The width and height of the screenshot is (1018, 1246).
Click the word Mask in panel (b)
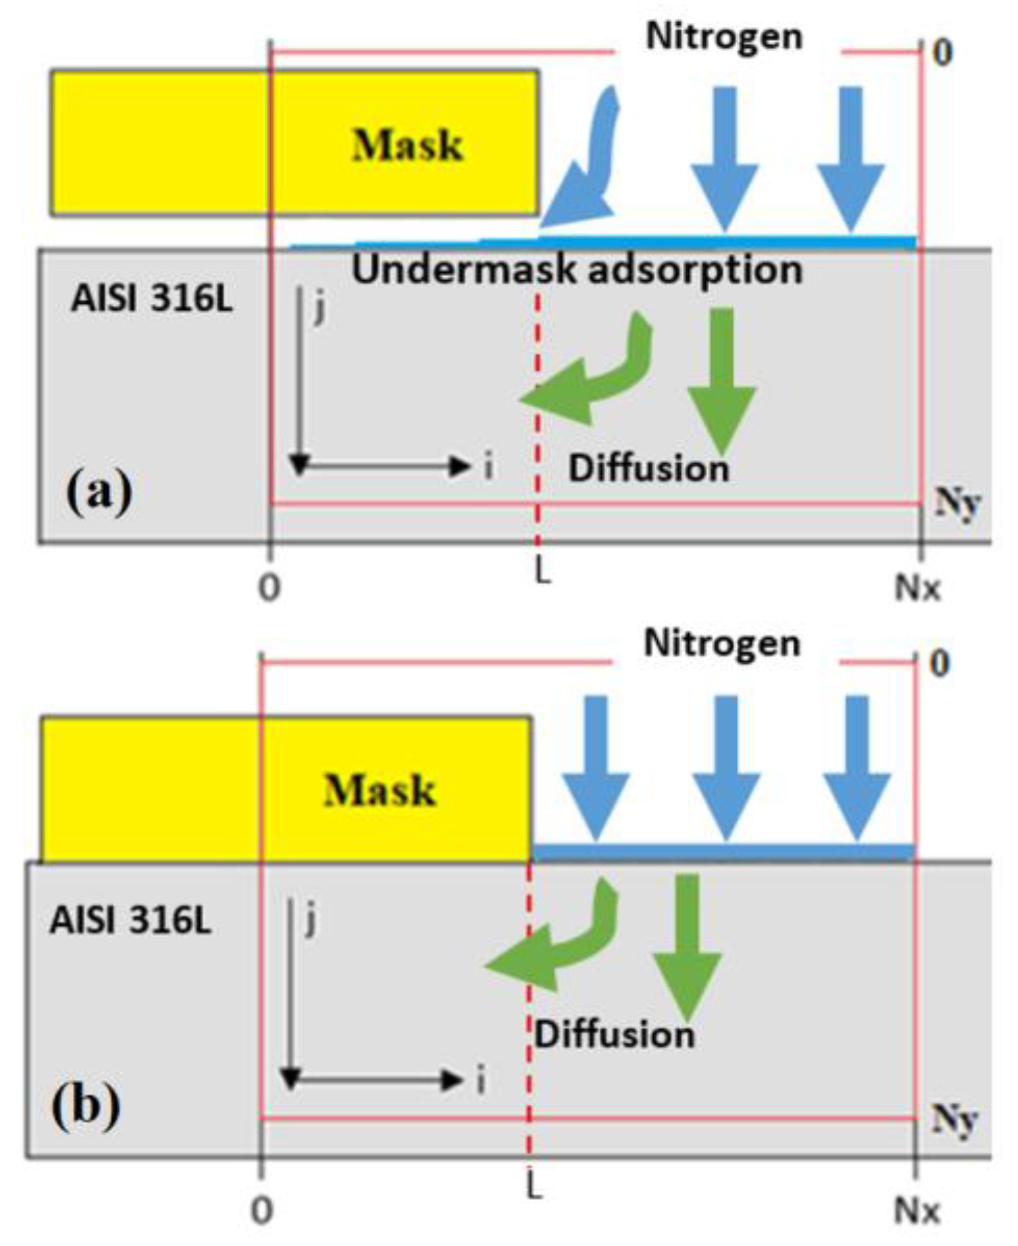pos(379,790)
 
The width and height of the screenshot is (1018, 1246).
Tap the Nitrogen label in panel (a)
pos(724,36)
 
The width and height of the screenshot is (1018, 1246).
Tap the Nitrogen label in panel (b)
pos(722,643)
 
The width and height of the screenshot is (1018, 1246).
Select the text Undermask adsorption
pos(577,269)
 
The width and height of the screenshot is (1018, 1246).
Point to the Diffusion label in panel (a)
pos(648,468)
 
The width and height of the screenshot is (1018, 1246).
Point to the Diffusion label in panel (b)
pos(614,1034)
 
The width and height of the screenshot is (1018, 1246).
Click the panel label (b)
pos(85,1105)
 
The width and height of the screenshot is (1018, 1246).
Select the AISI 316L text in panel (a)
pos(152,299)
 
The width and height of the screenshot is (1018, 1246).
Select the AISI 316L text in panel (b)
pos(130,921)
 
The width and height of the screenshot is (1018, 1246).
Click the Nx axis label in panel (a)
pos(918,588)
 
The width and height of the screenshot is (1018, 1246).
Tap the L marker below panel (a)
pos(543,571)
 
